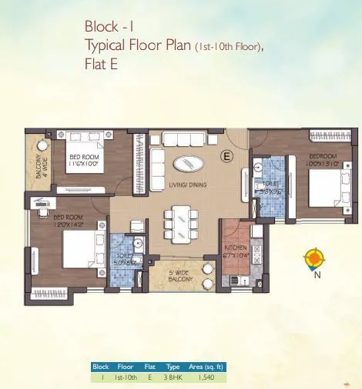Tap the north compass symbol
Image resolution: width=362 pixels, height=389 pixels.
click(313, 258)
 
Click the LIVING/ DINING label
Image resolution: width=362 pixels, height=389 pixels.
click(189, 186)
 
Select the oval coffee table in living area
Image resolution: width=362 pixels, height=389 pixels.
click(189, 163)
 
